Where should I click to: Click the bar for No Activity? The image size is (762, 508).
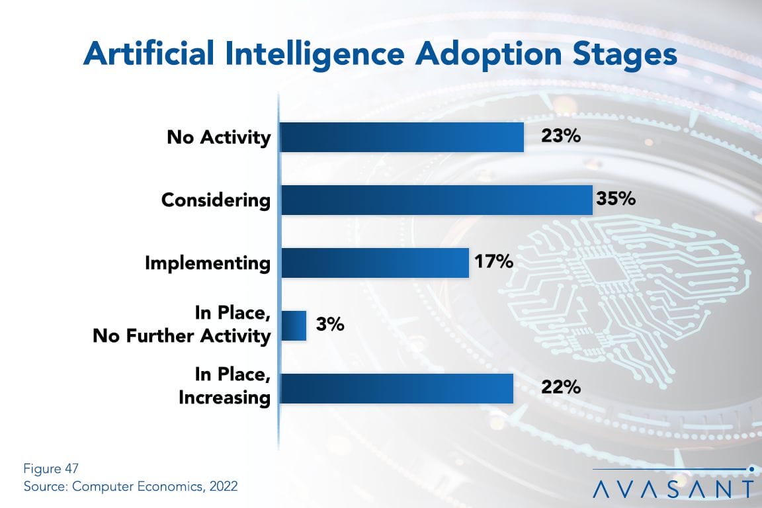pyautogui.click(x=402, y=137)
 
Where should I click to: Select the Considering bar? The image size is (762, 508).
pyautogui.click(x=436, y=200)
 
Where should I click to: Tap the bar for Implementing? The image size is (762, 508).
pyautogui.click(x=374, y=263)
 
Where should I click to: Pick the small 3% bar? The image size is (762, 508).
pyautogui.click(x=294, y=325)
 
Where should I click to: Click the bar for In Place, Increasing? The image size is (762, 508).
pyautogui.click(x=396, y=388)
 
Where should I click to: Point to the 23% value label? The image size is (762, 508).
pyautogui.click(x=561, y=137)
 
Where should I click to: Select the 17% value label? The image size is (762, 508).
pyautogui.click(x=493, y=262)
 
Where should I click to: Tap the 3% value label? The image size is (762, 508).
pyautogui.click(x=330, y=325)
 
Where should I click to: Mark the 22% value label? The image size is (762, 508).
pyautogui.click(x=561, y=388)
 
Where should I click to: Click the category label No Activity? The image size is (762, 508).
pyautogui.click(x=218, y=138)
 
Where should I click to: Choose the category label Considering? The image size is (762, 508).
pyautogui.click(x=216, y=200)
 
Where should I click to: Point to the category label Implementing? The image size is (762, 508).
pyautogui.click(x=208, y=263)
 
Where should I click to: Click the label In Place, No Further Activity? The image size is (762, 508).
pyautogui.click(x=181, y=325)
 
